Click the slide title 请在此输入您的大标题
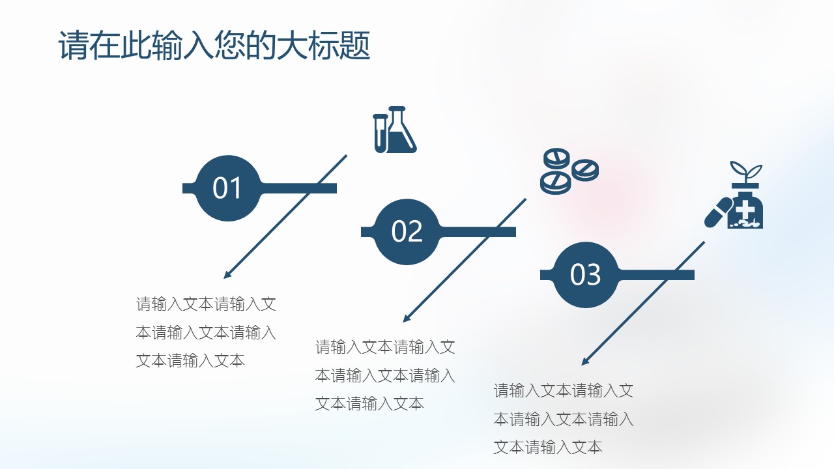[214, 46]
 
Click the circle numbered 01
[227, 188]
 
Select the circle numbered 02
[407, 232]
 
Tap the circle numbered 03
[585, 275]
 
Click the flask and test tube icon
[395, 130]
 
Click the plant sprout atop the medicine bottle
[745, 173]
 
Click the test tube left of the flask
[380, 133]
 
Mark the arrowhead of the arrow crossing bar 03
[585, 362]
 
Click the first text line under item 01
[206, 304]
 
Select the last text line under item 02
[369, 404]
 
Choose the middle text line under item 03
[564, 419]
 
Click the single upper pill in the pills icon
[556, 158]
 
